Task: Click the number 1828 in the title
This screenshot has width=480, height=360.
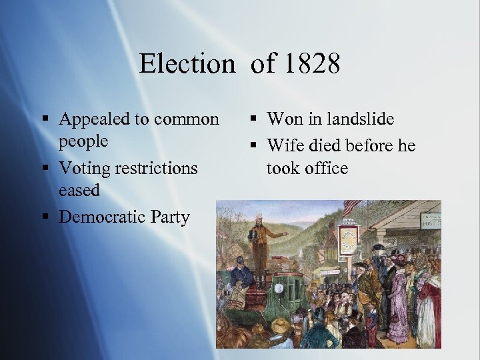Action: (311, 64)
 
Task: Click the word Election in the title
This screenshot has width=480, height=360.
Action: (187, 64)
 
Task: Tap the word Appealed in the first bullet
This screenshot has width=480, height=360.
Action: (95, 119)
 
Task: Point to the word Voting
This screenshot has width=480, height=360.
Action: (83, 168)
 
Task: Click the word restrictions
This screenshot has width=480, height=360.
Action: (155, 168)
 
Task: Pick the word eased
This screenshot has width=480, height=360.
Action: (79, 190)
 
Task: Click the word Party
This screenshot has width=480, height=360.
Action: (171, 217)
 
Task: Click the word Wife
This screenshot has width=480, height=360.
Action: (283, 145)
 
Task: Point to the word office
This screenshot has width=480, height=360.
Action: (325, 168)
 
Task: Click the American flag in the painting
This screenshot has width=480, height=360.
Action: (351, 207)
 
